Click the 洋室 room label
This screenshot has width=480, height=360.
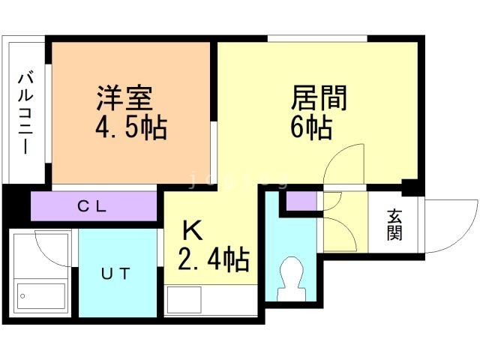click(x=124, y=97)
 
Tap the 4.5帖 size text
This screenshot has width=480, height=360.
click(x=130, y=126)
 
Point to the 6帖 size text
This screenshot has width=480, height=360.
click(x=310, y=128)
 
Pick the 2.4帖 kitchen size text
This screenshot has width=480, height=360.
click(x=213, y=259)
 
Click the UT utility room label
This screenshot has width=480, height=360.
click(x=115, y=273)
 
